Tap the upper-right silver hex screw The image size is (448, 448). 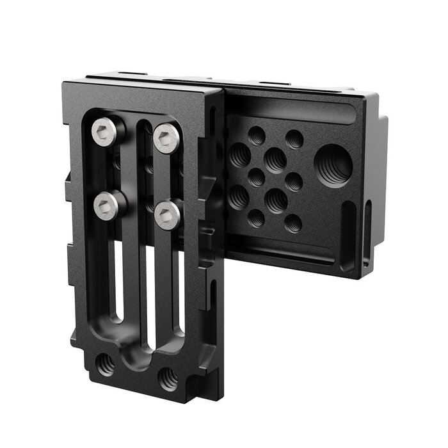(x=166, y=137)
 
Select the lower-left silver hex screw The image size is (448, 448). (x=107, y=205)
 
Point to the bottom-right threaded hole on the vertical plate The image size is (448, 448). (x=168, y=378)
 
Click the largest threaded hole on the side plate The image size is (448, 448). (x=334, y=164)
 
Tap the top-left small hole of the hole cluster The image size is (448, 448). (x=256, y=135)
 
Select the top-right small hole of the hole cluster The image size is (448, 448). (x=294, y=139)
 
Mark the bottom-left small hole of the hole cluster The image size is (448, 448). (x=256, y=218)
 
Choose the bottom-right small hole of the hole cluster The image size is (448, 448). (x=292, y=223)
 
